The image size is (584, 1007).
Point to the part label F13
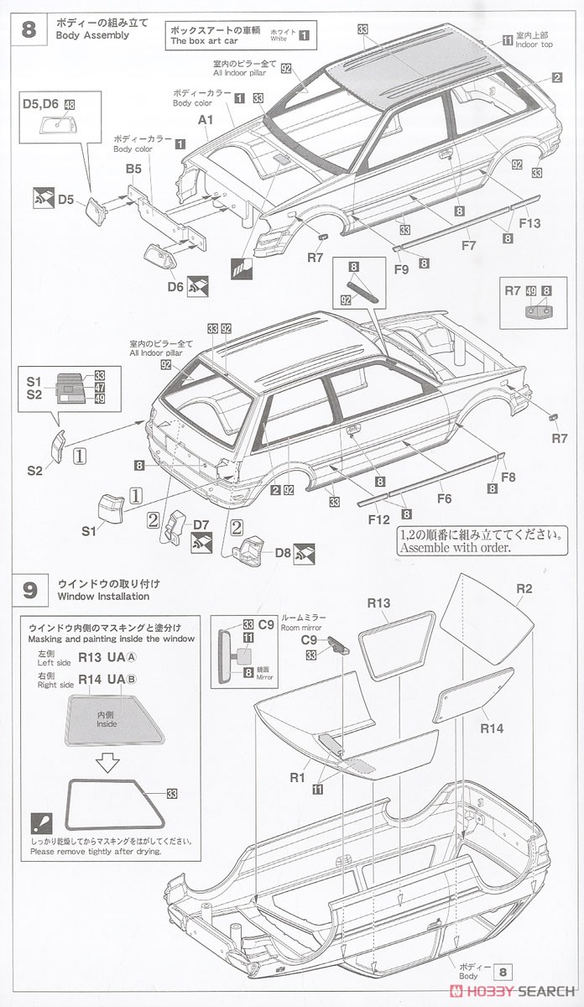click(529, 223)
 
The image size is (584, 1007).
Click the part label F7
click(468, 246)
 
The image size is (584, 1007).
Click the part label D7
click(201, 525)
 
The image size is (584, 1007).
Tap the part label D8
click(282, 552)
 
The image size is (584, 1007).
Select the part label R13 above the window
click(379, 602)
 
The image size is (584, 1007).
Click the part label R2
click(524, 588)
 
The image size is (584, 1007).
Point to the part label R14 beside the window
click(492, 728)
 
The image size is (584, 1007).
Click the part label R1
click(296, 776)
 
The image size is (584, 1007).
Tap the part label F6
click(444, 498)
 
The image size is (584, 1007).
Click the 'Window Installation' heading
click(103, 597)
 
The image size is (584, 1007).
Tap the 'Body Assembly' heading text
click(92, 36)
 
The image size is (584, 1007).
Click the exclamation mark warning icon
click(39, 822)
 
